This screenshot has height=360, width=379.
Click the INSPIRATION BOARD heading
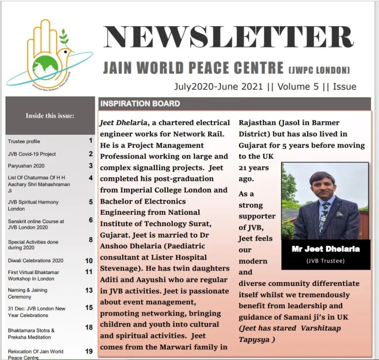(140, 104)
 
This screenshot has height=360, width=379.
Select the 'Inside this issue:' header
(50, 116)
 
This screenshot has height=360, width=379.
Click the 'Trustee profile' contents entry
(24, 142)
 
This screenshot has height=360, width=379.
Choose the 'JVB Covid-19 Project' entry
(32, 154)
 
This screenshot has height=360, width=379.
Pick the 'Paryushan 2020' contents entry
(26, 166)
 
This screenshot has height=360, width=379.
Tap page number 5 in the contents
(91, 201)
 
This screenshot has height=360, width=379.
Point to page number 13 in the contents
(89, 290)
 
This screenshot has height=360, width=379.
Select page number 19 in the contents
(89, 351)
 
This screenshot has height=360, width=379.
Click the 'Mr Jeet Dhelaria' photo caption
(325, 249)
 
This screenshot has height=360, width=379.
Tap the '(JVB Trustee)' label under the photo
(325, 260)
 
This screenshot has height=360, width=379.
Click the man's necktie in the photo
(323, 218)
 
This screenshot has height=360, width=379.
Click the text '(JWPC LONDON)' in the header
(319, 70)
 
